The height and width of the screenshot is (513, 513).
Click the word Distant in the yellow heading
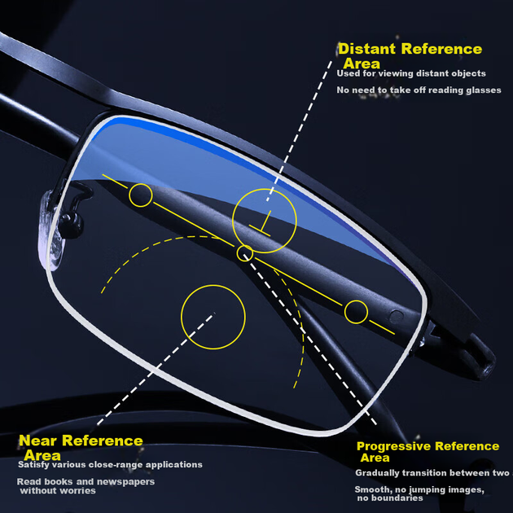pyautogui.click(x=367, y=49)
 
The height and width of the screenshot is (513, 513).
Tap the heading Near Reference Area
pyautogui.click(x=81, y=447)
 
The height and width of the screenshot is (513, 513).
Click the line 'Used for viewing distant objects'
pyautogui.click(x=411, y=73)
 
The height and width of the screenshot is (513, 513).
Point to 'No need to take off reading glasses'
pyautogui.click(x=419, y=90)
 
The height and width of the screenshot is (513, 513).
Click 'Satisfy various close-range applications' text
pyautogui.click(x=110, y=465)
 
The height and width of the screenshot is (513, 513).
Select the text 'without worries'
pyautogui.click(x=58, y=490)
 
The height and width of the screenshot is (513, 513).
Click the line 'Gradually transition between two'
pyautogui.click(x=432, y=473)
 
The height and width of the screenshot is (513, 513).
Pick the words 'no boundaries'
pyautogui.click(x=390, y=498)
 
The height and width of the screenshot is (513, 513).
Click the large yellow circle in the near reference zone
pyautogui.click(x=213, y=285)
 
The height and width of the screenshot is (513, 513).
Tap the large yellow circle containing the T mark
pyautogui.click(x=265, y=189)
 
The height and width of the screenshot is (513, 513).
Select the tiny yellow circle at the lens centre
pyautogui.click(x=245, y=246)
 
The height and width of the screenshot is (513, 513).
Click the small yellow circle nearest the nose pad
pyautogui.click(x=141, y=184)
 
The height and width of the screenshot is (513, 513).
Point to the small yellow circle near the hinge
pyautogui.click(x=356, y=300)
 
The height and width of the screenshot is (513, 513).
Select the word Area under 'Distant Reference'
pyautogui.click(x=362, y=64)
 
